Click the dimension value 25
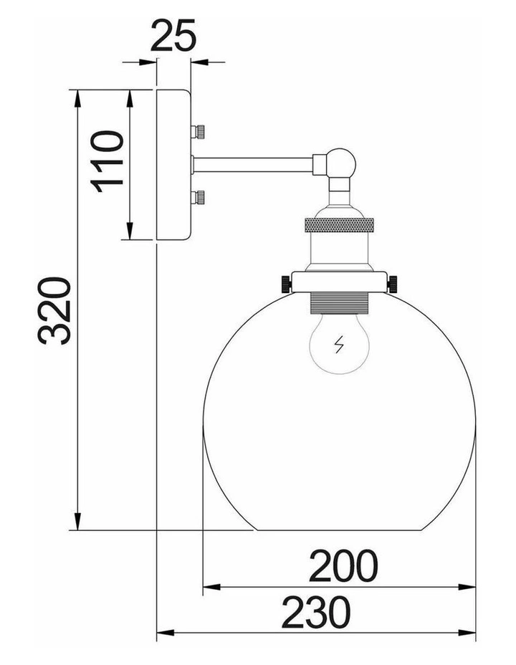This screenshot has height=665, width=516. pos(173,35)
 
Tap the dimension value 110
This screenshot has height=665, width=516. pos(107,161)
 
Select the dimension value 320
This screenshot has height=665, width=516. pos(54,311)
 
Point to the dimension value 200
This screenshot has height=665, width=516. pos(343,565)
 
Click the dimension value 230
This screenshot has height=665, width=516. pos(316,612)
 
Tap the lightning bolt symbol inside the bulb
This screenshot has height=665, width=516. pos(339,345)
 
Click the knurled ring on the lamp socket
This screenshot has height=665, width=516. pos(339,225)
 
